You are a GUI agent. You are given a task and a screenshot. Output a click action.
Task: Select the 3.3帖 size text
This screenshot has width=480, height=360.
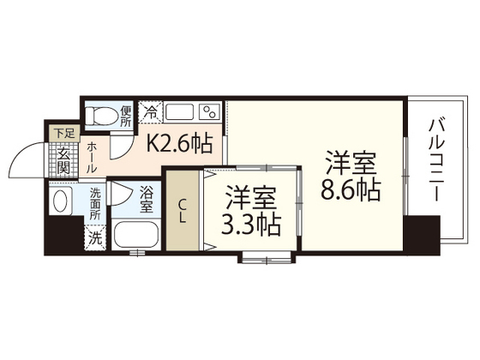(x=251, y=225)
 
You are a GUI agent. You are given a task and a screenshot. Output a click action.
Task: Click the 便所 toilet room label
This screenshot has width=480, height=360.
(x=126, y=115)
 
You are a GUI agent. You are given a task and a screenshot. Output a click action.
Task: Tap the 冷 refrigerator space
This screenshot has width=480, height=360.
(x=150, y=111)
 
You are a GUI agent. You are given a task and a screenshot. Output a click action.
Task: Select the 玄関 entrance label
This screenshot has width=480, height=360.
(x=63, y=162)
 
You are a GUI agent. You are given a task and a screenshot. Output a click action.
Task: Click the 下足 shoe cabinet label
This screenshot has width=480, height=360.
(x=64, y=133)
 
